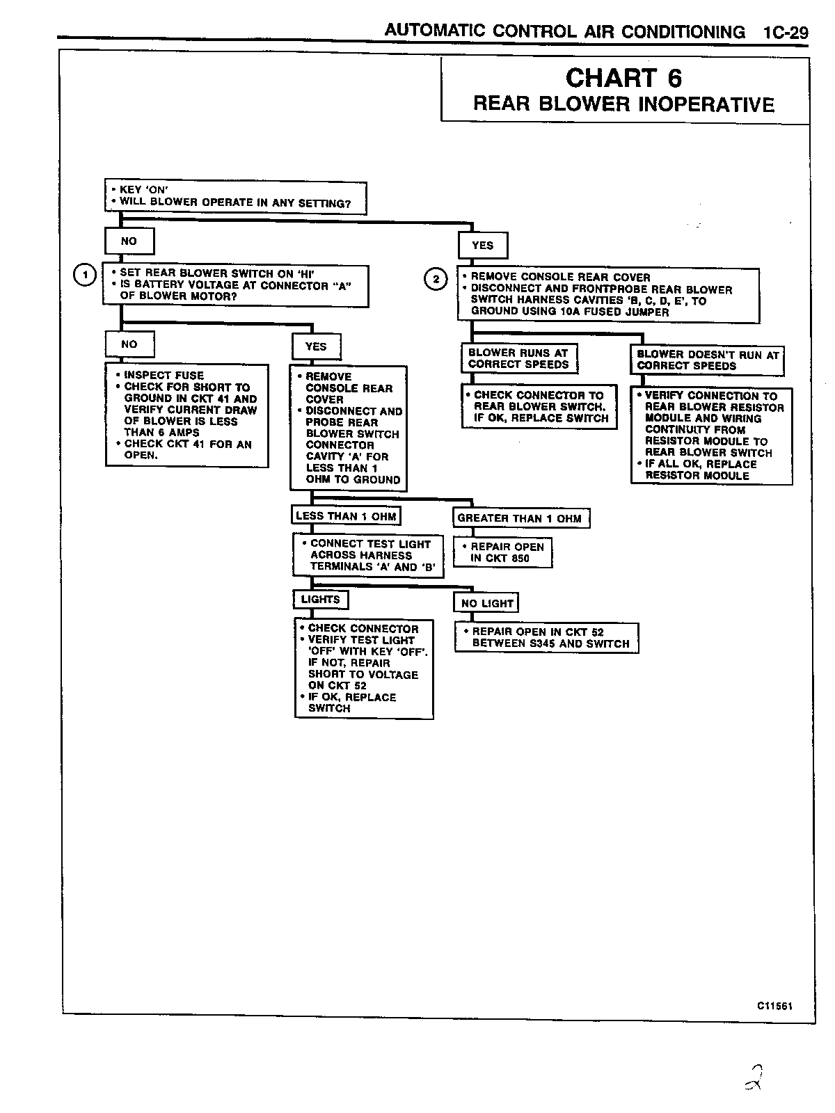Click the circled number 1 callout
pyautogui.click(x=85, y=275)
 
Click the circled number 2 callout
pyautogui.click(x=436, y=280)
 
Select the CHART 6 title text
pyautogui.click(x=623, y=77)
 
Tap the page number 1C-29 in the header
pyautogui.click(x=785, y=32)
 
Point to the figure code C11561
pyautogui.click(x=775, y=1006)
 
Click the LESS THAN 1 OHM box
pyautogui.click(x=346, y=516)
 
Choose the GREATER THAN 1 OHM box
pyautogui.click(x=520, y=518)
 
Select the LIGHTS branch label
pyautogui.click(x=320, y=600)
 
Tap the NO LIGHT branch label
pyautogui.click(x=487, y=603)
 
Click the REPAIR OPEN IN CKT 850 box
pyautogui.click(x=502, y=552)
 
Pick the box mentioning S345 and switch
pyautogui.click(x=546, y=638)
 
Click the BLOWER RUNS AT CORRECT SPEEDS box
pyautogui.click(x=519, y=359)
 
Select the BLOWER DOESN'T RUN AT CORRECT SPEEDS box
pyautogui.click(x=707, y=360)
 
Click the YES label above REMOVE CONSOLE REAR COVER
pyautogui.click(x=483, y=246)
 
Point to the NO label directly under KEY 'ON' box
pyautogui.click(x=129, y=241)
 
